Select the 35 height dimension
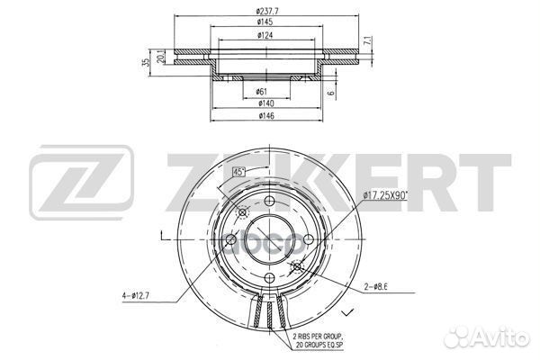tap(145, 65)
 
